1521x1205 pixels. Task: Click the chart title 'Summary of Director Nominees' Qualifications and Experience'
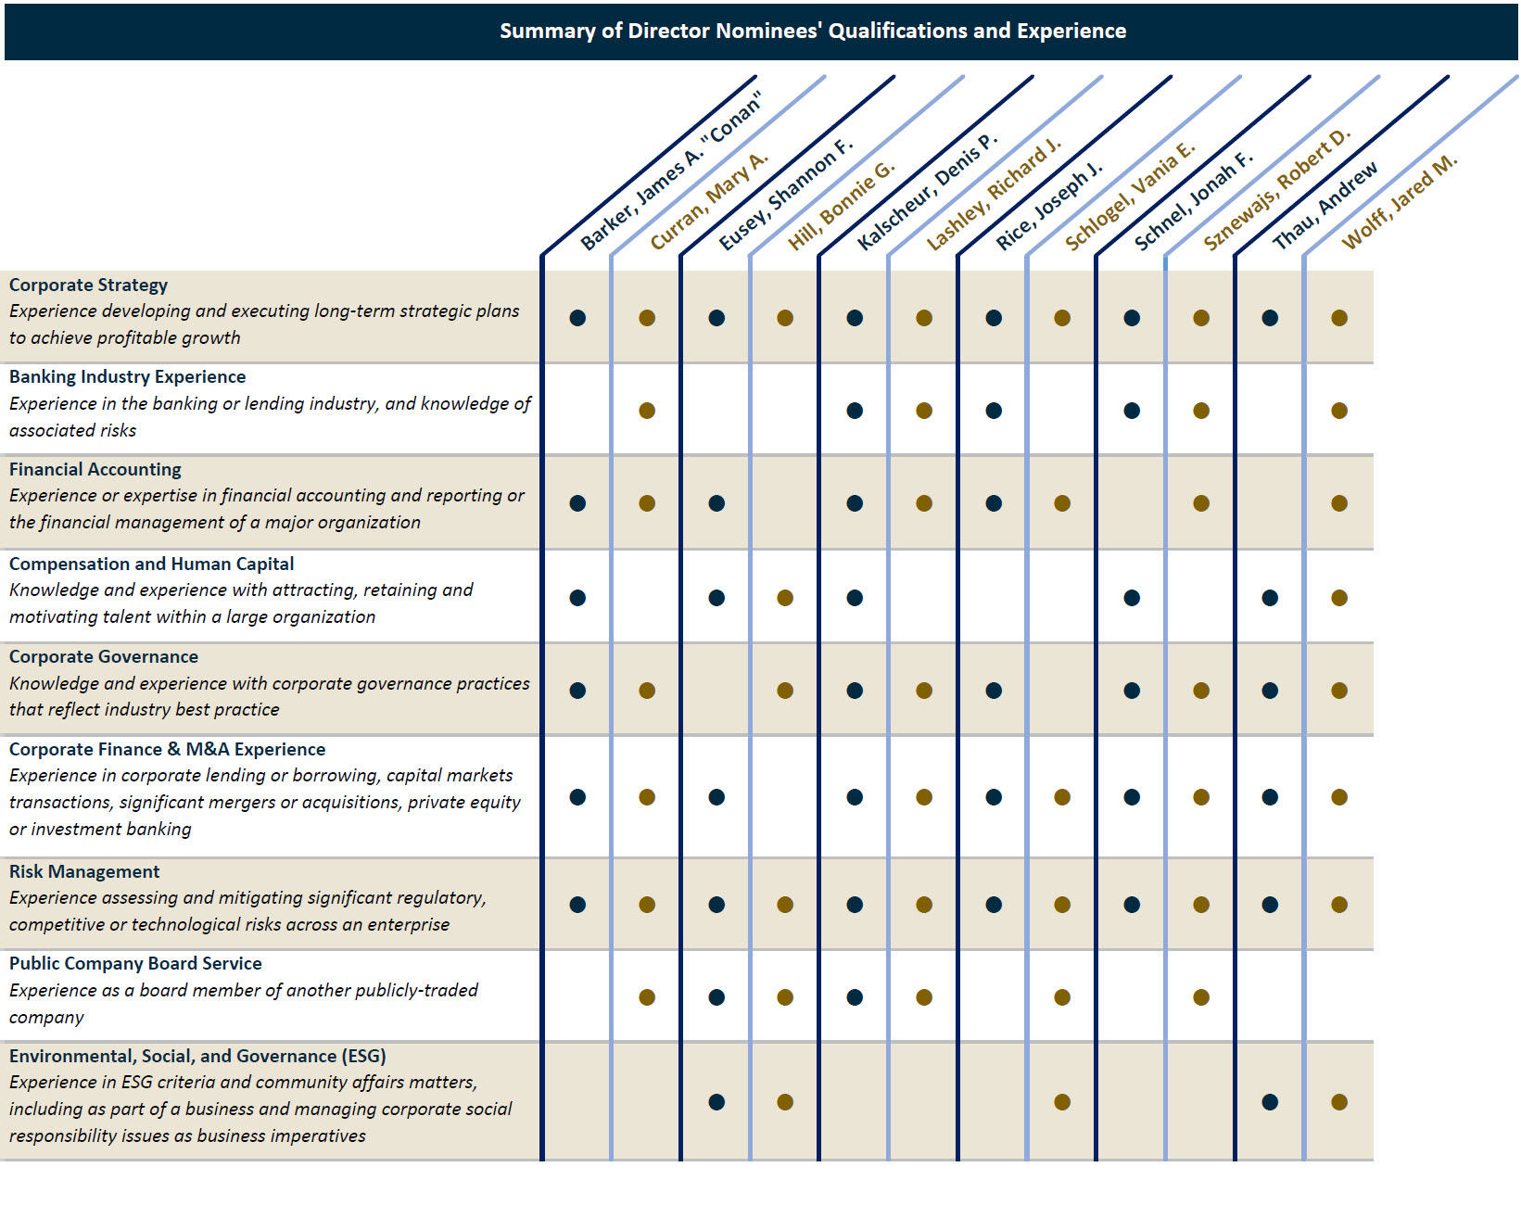pyautogui.click(x=813, y=31)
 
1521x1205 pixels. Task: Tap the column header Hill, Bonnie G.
pyautogui.click(x=841, y=207)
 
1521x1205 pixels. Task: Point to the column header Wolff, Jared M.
pyautogui.click(x=1400, y=201)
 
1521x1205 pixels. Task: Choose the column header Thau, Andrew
pyautogui.click(x=1325, y=206)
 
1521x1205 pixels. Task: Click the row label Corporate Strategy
pyautogui.click(x=89, y=285)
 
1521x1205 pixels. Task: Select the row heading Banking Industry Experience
pyautogui.click(x=128, y=376)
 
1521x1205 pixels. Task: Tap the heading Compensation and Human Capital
pyautogui.click(x=152, y=564)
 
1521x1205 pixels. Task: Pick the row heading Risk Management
pyautogui.click(x=84, y=871)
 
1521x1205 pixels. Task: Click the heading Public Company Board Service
pyautogui.click(x=135, y=963)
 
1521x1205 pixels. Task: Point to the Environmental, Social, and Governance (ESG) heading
pyautogui.click(x=197, y=1056)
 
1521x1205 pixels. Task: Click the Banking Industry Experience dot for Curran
pyautogui.click(x=647, y=411)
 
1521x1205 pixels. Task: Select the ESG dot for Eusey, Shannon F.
pyautogui.click(x=716, y=1102)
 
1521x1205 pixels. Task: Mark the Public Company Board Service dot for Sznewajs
pyautogui.click(x=1201, y=997)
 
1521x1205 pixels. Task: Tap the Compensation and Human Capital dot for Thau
pyautogui.click(x=1270, y=598)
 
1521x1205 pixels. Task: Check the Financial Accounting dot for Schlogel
pyautogui.click(x=1062, y=503)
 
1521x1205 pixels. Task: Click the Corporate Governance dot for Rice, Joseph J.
pyautogui.click(x=994, y=691)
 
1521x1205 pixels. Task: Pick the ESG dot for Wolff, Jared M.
pyautogui.click(x=1339, y=1102)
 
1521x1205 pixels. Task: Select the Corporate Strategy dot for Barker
pyautogui.click(x=577, y=318)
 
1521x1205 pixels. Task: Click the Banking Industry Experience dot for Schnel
pyautogui.click(x=1132, y=411)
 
